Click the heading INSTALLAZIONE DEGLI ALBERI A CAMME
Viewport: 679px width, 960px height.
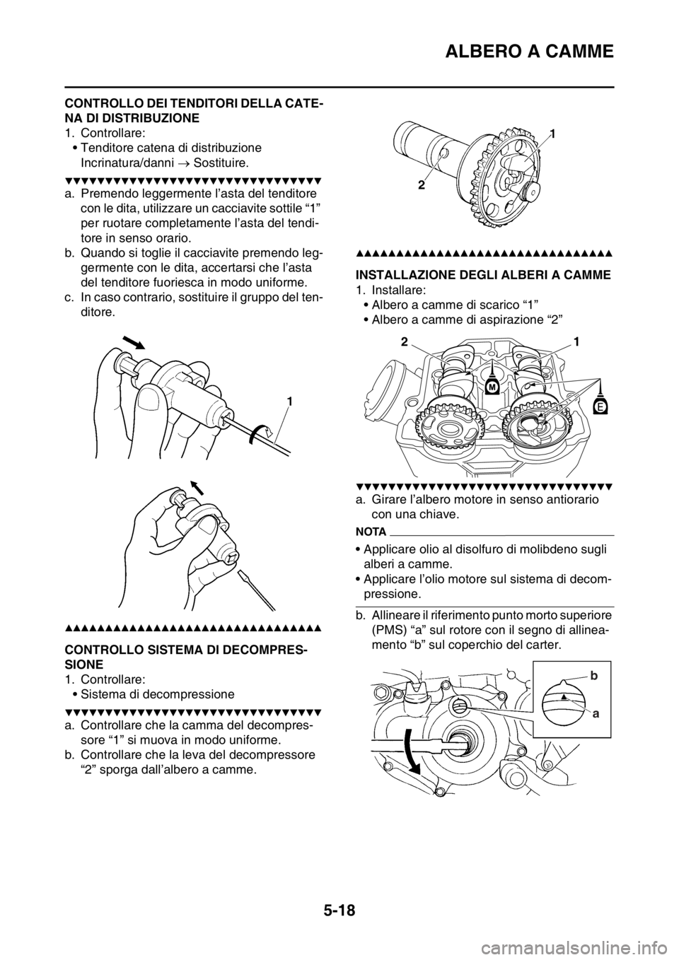483,275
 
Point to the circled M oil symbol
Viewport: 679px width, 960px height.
493,387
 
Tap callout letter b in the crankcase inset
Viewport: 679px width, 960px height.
593,677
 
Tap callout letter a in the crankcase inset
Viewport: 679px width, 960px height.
596,714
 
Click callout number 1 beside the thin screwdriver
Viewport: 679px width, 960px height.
291,401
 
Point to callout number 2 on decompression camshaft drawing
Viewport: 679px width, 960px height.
422,185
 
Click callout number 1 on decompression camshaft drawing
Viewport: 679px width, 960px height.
553,134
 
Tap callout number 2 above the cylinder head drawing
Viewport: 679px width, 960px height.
404,341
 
